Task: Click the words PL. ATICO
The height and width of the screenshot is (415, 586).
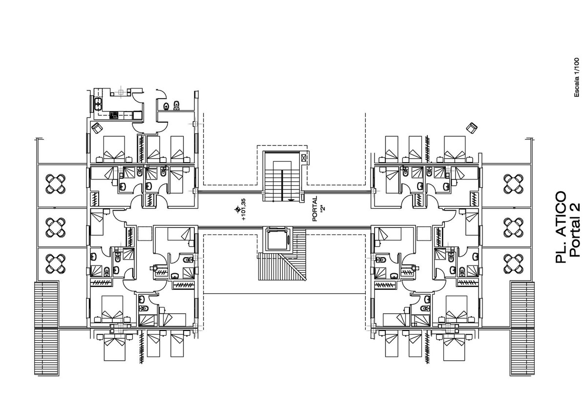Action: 560,227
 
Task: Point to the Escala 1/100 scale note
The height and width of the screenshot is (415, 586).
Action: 577,78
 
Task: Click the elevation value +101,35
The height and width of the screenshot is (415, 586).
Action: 244,210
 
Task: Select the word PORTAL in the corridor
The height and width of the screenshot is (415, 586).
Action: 315,209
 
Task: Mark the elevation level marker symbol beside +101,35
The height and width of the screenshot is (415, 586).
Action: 237,210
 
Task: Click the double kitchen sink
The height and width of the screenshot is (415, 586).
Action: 98,104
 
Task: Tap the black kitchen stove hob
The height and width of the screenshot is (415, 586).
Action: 114,115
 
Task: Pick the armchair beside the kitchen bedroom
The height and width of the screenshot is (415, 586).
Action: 97,128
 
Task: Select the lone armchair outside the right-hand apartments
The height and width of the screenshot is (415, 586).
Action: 472,128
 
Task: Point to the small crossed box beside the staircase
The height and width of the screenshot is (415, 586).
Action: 303,157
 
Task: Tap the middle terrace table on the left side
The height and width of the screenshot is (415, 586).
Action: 56,227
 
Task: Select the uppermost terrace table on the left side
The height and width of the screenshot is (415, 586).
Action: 56,184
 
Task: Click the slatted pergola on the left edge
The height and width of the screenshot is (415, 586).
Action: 46,328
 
